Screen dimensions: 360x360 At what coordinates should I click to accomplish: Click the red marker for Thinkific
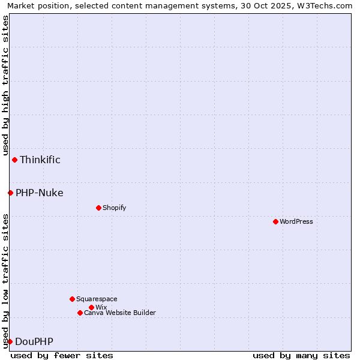coord(14,160)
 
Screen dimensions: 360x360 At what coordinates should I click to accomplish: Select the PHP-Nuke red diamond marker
coord(10,193)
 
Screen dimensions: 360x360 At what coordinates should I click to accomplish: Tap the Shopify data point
coord(98,208)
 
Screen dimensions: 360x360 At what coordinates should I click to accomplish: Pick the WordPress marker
coord(275,221)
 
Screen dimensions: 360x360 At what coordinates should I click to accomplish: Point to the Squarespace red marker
coord(72,299)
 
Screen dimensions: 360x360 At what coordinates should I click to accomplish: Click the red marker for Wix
coord(91,307)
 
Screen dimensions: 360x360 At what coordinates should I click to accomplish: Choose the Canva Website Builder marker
coord(80,313)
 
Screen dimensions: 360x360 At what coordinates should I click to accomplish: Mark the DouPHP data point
coord(10,341)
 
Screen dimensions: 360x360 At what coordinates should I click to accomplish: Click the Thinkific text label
coord(40,160)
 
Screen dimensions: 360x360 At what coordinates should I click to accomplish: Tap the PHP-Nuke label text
coord(40,193)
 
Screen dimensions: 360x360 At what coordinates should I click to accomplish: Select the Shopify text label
coord(114,208)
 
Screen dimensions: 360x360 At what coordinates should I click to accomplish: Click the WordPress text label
coord(296,221)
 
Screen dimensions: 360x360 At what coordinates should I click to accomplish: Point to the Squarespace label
coord(97,299)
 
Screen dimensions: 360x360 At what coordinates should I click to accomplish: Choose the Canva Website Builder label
coord(120,313)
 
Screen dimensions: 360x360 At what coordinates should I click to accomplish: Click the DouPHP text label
coord(34,341)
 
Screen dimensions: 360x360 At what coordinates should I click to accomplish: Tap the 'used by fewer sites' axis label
coord(62,355)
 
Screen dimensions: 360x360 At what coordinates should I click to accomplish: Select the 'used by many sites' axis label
coord(301,355)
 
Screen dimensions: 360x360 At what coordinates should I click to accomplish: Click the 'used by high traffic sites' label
coord(5,86)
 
